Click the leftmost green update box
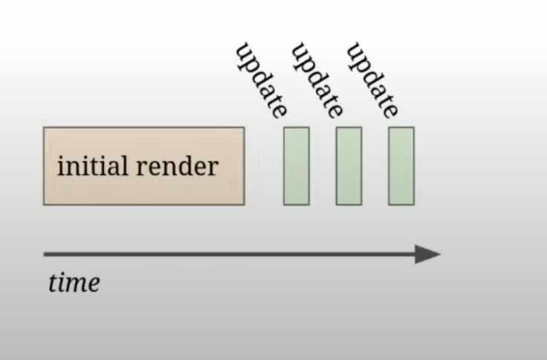click(296, 166)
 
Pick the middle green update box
click(349, 166)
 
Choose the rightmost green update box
click(401, 166)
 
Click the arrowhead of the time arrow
click(429, 254)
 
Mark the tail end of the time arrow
click(46, 254)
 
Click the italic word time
click(74, 283)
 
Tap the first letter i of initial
click(60, 165)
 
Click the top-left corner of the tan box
click(44, 128)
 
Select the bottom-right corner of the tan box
click(244, 204)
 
